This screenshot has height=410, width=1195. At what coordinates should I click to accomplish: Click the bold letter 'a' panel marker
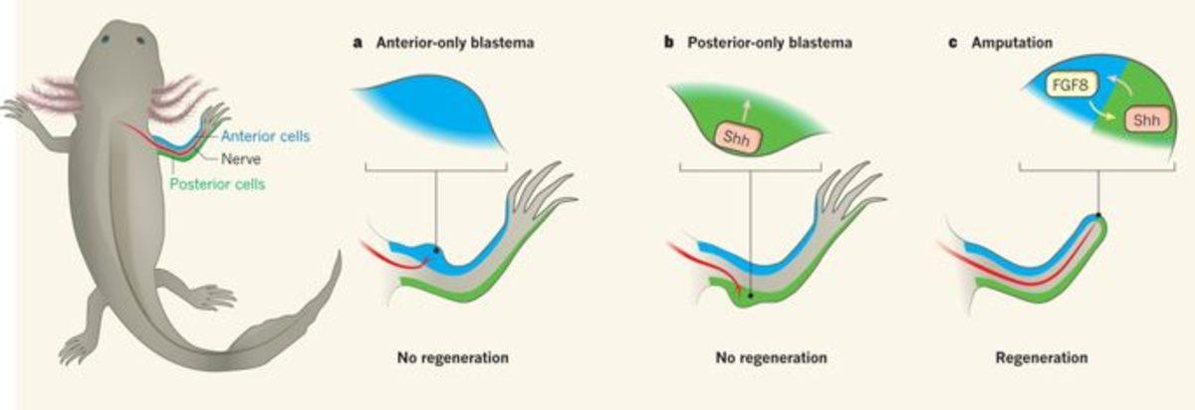[x=357, y=44]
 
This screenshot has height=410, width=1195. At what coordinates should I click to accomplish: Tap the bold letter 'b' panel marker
[x=669, y=44]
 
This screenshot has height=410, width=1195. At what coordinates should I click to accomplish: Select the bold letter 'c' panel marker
[x=952, y=44]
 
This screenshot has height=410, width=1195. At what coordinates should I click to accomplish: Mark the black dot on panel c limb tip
[x=1097, y=215]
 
